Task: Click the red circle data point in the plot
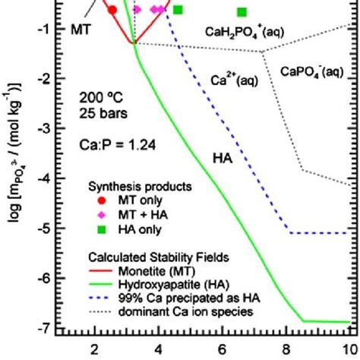(x=112, y=10)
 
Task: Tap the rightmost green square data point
(x=242, y=12)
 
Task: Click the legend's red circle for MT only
(x=97, y=202)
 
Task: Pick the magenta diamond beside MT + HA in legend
(x=97, y=216)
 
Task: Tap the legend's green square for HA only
(x=97, y=231)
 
